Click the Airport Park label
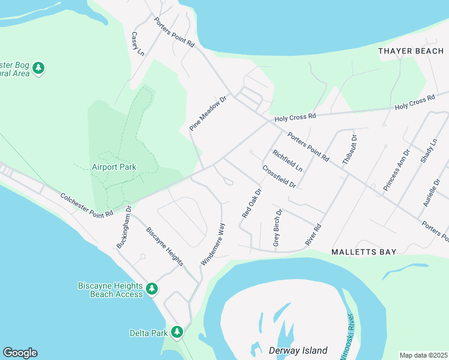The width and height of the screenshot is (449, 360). pos(114,167)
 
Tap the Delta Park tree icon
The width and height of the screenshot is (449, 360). pos(176,331)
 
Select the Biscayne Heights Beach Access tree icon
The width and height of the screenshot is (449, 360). pos(152,289)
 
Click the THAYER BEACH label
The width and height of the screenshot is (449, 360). pos(411,51)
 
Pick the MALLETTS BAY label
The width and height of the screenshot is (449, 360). pos(364,252)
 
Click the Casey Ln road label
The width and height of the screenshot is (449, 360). pos(137,44)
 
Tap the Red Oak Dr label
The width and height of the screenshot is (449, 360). pos(252,203)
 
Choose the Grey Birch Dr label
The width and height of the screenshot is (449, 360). pos(277,229)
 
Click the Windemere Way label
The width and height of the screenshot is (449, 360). pos(213,244)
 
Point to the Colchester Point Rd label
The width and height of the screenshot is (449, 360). pos(86,205)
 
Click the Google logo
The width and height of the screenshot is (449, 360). pos(20,353)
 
